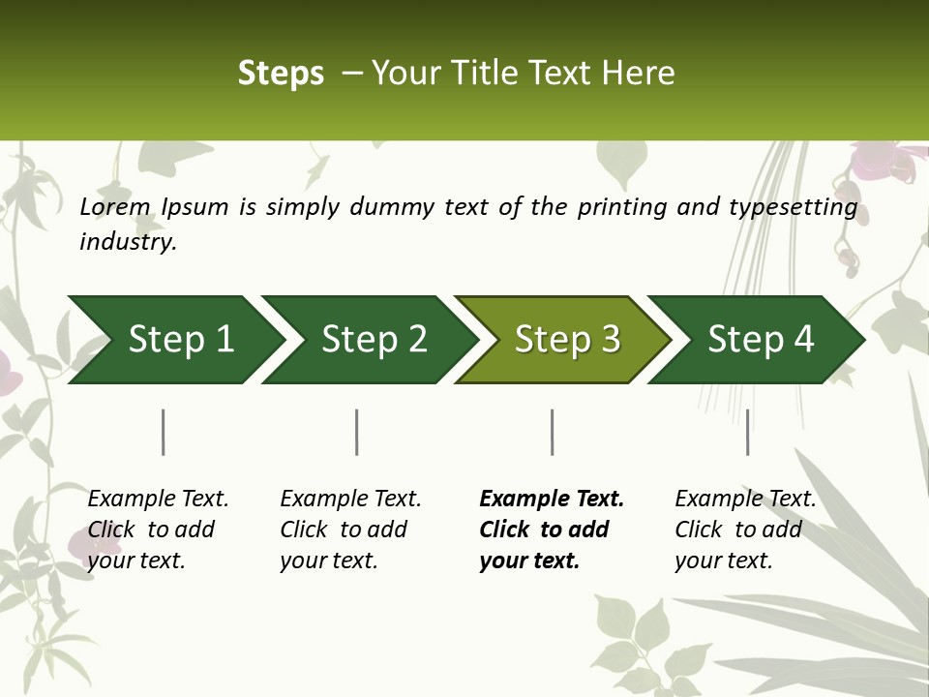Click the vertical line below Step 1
pyautogui.click(x=164, y=432)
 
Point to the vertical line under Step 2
pyautogui.click(x=357, y=432)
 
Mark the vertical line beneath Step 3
pyautogui.click(x=553, y=432)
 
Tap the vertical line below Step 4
pyautogui.click(x=747, y=432)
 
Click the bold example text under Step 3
pyautogui.click(x=552, y=530)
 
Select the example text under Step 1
pyautogui.click(x=158, y=530)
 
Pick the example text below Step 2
pyautogui.click(x=350, y=530)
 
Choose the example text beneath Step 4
pyautogui.click(x=745, y=530)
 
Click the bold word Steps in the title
pyautogui.click(x=281, y=74)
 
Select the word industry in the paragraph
pyautogui.click(x=127, y=242)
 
